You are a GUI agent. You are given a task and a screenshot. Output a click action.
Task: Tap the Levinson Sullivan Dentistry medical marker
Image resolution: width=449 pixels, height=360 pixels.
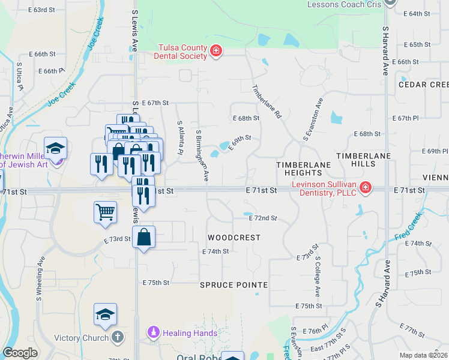[365, 188]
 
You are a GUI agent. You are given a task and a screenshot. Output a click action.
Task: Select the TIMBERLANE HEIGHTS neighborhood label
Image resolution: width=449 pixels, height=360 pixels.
[304, 169]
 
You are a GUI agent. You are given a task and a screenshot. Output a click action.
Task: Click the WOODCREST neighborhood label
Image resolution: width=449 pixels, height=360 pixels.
[234, 238]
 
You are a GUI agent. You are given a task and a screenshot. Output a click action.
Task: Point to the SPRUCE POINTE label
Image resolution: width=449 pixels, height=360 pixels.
[234, 284]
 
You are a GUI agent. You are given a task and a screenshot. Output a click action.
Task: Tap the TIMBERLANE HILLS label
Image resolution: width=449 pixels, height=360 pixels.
[363, 155]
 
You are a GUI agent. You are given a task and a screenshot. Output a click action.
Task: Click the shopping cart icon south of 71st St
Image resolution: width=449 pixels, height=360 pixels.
[105, 212]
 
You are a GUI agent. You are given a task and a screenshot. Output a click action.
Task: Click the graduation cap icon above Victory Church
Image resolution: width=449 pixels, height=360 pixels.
[105, 314]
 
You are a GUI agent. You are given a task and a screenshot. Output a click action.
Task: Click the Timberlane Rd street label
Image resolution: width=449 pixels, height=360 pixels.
[266, 101]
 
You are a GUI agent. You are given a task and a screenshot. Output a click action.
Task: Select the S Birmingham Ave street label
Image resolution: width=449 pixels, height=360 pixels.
[202, 155]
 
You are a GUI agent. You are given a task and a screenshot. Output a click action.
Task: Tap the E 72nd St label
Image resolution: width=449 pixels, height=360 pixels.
[263, 218]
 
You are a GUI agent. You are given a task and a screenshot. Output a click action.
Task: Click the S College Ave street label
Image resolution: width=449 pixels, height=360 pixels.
[318, 277]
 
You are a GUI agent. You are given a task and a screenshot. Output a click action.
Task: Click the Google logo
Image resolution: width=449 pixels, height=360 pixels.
[20, 353]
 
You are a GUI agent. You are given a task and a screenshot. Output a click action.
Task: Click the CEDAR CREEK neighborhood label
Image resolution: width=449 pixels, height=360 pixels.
[423, 85]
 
